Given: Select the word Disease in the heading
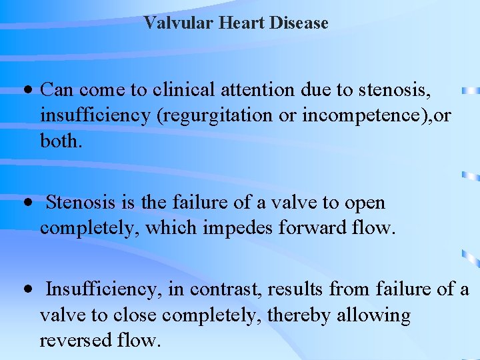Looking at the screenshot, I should (x=299, y=23).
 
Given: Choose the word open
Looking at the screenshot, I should (x=365, y=203).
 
